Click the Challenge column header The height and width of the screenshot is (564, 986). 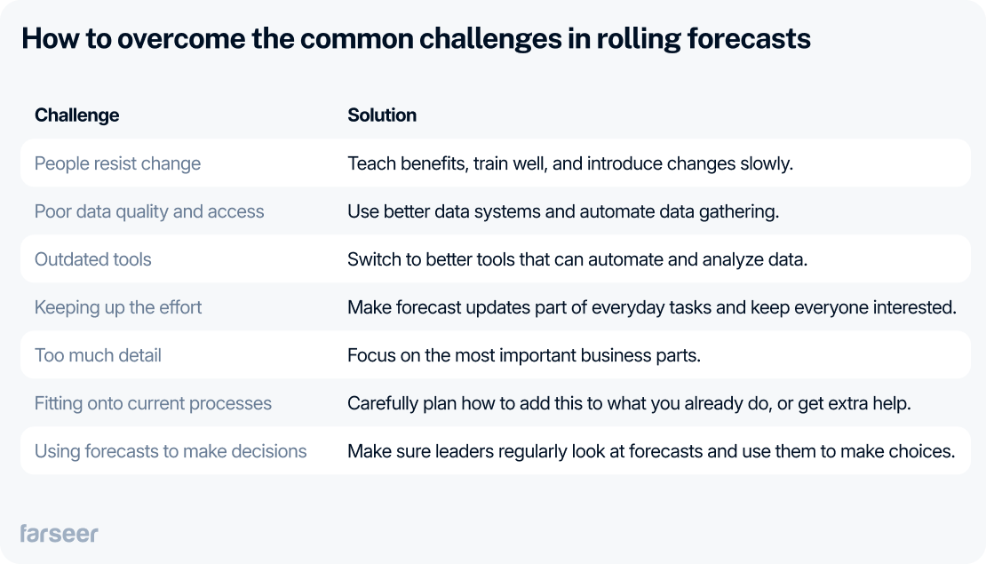coord(76,115)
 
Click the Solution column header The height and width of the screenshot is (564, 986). coord(382,115)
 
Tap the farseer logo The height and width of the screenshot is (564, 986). coord(59,533)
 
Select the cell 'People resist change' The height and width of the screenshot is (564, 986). coord(117,163)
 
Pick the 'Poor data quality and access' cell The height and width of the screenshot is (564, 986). coord(149,211)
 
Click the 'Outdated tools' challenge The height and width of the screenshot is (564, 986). coord(92,259)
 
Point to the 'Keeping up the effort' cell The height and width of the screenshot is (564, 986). coord(118,307)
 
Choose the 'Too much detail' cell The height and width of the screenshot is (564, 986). coord(98,355)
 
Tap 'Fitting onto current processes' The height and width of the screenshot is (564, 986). coord(153,403)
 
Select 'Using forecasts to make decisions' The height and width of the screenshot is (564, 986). coord(171,451)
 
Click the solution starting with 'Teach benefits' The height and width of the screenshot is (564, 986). coord(569,163)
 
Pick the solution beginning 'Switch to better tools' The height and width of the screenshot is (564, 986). coord(577,259)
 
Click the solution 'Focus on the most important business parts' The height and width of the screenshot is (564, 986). coord(524,355)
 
